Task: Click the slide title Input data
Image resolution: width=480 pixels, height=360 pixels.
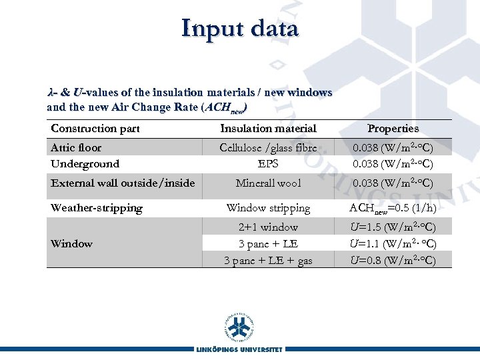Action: point(240,29)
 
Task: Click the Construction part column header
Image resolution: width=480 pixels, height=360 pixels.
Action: point(95,128)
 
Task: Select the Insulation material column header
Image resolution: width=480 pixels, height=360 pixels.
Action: point(268,128)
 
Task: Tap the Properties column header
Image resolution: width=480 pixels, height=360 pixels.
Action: point(393,128)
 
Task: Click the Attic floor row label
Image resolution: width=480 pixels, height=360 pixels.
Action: point(76,147)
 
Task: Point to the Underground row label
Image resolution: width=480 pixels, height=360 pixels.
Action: point(85,163)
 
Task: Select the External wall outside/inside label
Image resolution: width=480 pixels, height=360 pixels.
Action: point(123,183)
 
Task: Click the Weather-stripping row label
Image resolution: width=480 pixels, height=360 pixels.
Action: point(97,207)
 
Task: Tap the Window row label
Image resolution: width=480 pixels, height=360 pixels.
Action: point(71,243)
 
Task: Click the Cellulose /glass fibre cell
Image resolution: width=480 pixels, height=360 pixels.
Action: point(268,147)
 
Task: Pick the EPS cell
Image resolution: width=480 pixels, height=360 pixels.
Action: point(268,163)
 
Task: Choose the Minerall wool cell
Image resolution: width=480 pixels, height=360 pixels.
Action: point(268,183)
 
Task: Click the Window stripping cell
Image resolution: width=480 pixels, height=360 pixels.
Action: point(268,207)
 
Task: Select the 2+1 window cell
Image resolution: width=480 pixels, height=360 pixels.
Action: point(268,227)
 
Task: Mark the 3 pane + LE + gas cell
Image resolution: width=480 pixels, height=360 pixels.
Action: point(268,260)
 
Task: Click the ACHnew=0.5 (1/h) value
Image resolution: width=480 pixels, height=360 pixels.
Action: point(393,207)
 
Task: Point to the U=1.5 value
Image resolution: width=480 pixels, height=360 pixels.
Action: point(393,227)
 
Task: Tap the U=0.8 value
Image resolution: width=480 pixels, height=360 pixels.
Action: point(393,260)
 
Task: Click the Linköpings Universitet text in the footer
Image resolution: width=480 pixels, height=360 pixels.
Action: point(239,349)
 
